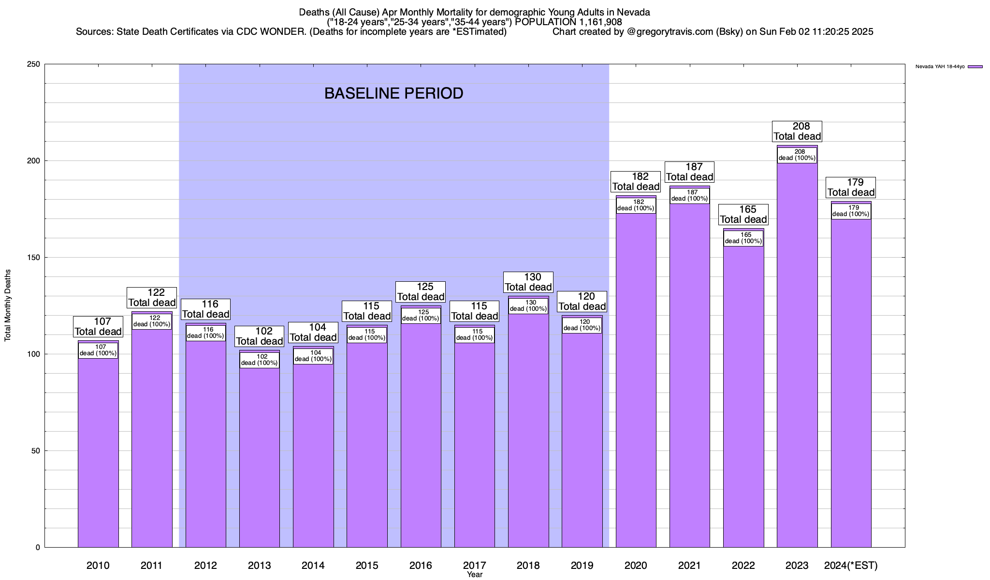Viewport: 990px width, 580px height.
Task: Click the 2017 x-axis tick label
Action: point(474,565)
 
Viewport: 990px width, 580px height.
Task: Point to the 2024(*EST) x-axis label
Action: point(850,565)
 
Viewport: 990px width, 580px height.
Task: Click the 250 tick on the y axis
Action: point(35,64)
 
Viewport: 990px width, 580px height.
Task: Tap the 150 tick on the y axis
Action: point(35,258)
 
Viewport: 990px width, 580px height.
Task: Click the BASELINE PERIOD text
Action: point(393,93)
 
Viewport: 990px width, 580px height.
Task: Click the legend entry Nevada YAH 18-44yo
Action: point(940,67)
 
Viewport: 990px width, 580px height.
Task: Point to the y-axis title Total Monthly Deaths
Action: point(8,305)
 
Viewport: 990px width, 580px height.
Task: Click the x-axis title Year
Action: point(474,575)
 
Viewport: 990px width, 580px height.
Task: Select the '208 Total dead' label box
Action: point(797,131)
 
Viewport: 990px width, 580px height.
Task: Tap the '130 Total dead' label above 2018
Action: point(528,282)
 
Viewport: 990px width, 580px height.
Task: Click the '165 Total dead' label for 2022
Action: point(743,214)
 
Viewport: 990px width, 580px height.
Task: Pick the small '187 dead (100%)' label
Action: point(689,195)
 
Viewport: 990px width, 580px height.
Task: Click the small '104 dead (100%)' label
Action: point(313,356)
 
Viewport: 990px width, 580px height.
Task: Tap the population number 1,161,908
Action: point(597,22)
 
